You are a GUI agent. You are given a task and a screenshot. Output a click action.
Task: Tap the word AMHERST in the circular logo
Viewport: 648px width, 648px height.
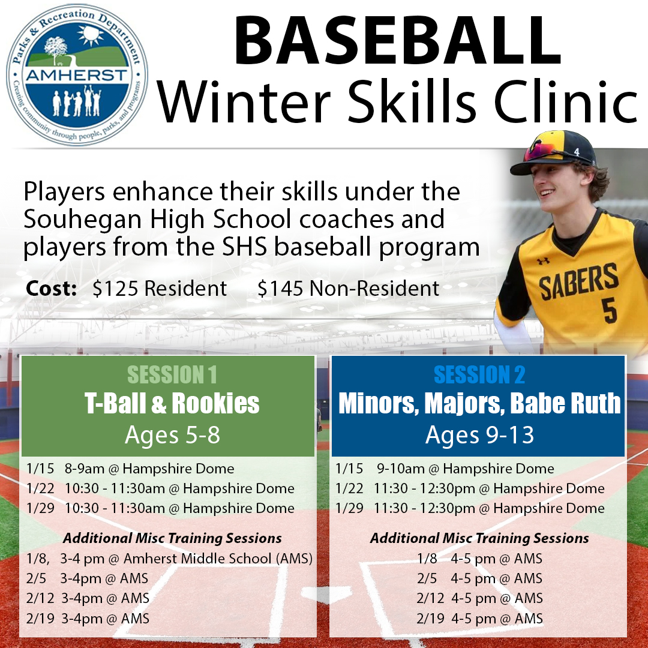pos(77,76)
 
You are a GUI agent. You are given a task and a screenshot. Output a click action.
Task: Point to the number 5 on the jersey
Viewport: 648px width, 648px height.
pos(608,310)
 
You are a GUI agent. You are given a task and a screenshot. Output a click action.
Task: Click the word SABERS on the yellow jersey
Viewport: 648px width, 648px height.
pos(578,281)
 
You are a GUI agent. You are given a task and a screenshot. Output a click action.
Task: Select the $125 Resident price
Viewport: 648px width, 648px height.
pos(160,289)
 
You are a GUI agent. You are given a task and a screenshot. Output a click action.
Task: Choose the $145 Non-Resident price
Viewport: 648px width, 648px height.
pos(349,289)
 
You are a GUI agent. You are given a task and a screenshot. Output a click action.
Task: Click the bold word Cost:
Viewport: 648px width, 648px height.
pos(51,289)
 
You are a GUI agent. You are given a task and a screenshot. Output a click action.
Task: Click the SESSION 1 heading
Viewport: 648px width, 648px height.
pos(172,375)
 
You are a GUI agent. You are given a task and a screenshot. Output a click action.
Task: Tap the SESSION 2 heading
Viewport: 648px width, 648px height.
pos(479,375)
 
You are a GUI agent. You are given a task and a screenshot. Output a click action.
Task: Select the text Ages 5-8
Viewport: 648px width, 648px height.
pos(172,435)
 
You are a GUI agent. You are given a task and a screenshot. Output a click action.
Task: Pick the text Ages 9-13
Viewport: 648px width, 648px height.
pos(479,435)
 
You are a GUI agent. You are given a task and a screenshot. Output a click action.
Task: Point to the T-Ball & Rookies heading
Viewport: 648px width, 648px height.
pos(172,404)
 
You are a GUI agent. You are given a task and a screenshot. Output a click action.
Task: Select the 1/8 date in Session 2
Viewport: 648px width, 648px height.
pos(427,559)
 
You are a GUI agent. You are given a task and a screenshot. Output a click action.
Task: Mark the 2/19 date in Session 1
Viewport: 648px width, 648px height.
pos(40,618)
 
